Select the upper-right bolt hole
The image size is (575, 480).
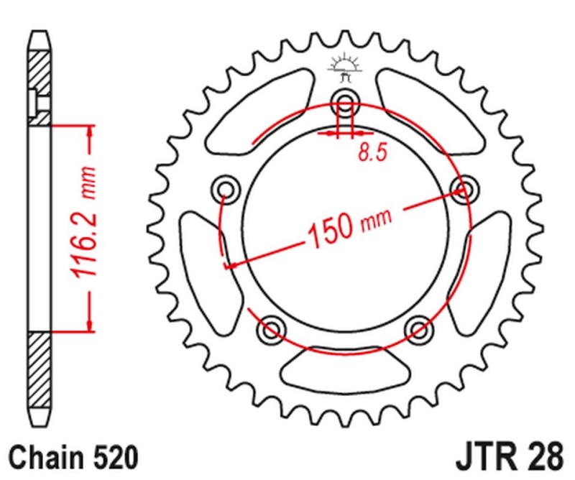[464, 189]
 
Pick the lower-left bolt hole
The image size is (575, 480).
[271, 329]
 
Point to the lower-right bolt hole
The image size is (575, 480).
[418, 329]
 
